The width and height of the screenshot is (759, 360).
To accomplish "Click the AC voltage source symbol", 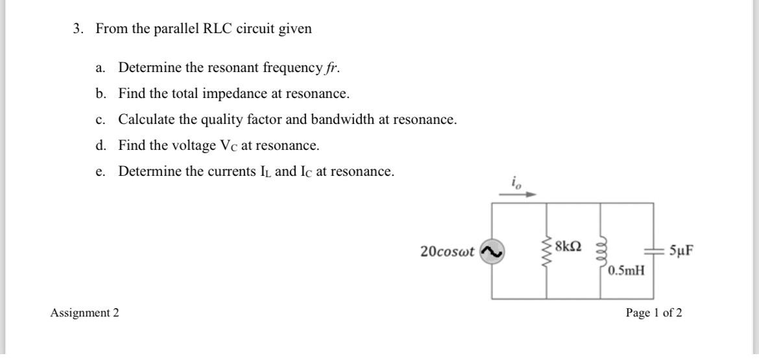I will coord(491,252).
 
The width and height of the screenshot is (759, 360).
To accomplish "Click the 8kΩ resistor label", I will coord(569,246).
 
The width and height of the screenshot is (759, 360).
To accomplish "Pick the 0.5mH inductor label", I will coord(626,269).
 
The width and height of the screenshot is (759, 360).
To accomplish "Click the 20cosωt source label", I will coord(447,251).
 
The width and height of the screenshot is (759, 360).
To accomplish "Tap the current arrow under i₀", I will coord(522,193).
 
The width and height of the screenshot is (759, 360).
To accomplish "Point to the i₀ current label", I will coord(516,182).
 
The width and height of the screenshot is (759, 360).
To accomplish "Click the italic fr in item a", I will coord(332,68).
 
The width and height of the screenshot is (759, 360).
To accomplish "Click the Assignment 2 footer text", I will coord(85,313).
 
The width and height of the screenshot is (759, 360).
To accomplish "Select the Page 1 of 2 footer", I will coord(653,313).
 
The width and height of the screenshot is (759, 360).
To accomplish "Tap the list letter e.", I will coord(99,173).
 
